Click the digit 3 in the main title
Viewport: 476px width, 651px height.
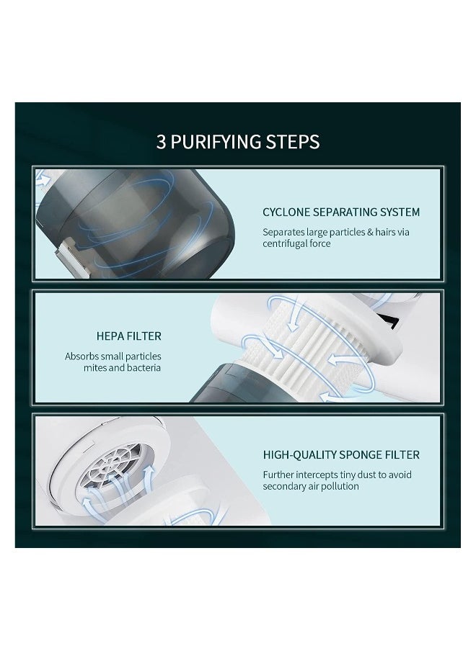click(x=162, y=140)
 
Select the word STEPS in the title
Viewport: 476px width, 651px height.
click(x=294, y=140)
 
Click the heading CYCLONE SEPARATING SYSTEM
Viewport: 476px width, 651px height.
click(x=341, y=212)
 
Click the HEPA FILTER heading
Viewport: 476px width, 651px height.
click(x=128, y=336)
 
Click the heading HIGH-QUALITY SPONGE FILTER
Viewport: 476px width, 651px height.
click(x=341, y=454)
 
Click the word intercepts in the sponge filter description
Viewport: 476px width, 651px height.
click(x=317, y=474)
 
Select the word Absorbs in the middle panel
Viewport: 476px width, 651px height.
click(x=81, y=356)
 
